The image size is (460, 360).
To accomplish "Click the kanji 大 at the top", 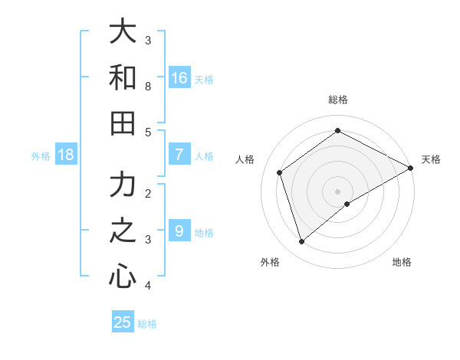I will point(123,32).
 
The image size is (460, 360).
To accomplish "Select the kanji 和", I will point(123,77).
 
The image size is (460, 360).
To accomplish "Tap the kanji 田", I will point(123,123).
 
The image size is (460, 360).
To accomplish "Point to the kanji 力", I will point(123,185).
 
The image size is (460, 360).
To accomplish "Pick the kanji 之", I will point(123,231).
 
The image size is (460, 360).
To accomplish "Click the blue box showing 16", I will point(179,78).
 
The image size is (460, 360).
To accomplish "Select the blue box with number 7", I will point(179,155).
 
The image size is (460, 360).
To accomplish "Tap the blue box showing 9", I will point(179,231).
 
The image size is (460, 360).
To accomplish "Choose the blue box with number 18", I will point(66,155).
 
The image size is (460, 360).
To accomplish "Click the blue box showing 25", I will point(123,322).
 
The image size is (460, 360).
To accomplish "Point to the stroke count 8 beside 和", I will point(148,86).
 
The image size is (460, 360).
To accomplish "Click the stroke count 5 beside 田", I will point(148,132).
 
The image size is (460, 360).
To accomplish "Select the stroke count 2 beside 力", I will point(148,194).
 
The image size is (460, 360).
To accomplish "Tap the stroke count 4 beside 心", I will point(148,286).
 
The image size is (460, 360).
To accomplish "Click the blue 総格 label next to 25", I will point(147,324).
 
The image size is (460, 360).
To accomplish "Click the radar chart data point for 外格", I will point(301,242).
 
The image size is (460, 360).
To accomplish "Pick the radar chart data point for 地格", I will point(347,203).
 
